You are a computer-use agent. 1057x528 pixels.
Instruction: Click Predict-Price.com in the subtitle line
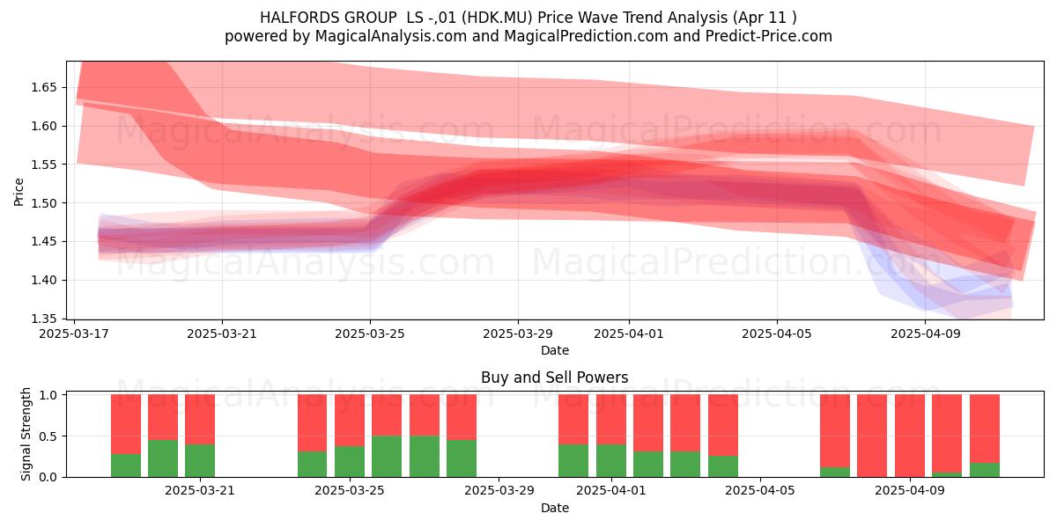(x=769, y=36)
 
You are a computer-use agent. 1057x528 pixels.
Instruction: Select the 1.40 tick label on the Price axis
(x=44, y=280)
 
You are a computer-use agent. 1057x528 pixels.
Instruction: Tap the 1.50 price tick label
(x=44, y=203)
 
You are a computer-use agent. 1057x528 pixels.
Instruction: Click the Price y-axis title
(x=18, y=192)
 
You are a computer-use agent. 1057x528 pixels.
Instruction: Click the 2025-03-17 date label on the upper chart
(x=74, y=334)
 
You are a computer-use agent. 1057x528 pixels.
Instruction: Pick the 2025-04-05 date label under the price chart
(x=777, y=334)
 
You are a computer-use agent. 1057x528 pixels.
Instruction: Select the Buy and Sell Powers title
(x=554, y=378)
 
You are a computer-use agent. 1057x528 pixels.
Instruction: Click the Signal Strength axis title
(x=26, y=434)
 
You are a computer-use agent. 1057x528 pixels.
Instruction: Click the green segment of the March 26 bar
(x=387, y=457)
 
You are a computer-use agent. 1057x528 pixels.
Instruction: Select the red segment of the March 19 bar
(x=125, y=424)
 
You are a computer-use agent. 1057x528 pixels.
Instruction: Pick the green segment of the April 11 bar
(x=985, y=470)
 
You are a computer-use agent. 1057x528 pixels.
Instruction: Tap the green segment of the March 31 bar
(x=573, y=460)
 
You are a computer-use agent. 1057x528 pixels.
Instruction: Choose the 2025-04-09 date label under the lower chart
(x=910, y=491)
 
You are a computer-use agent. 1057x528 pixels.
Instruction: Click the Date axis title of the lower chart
(x=554, y=508)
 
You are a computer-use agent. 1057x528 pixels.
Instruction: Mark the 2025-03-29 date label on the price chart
(x=518, y=334)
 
